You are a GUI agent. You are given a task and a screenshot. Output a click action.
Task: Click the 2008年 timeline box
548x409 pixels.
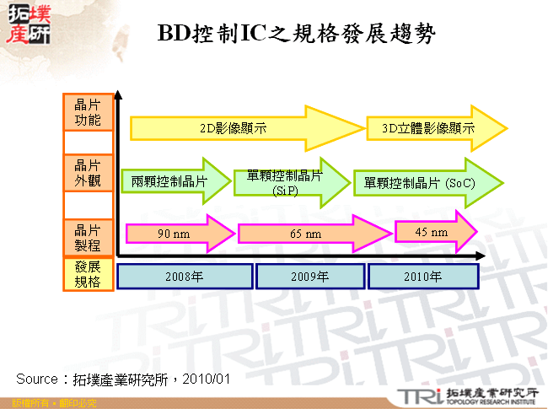[x=185, y=277]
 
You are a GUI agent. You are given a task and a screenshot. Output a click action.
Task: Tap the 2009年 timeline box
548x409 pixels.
[x=310, y=277]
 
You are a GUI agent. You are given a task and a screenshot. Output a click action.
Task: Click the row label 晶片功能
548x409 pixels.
[x=88, y=113]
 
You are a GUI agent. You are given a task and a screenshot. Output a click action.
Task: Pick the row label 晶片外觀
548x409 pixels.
[x=88, y=172]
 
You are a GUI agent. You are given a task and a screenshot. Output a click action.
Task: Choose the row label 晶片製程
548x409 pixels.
[x=88, y=238]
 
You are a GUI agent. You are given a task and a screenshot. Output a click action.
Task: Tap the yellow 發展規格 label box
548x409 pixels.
[x=88, y=276]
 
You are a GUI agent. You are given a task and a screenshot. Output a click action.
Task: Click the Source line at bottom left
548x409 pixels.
[x=123, y=378]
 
